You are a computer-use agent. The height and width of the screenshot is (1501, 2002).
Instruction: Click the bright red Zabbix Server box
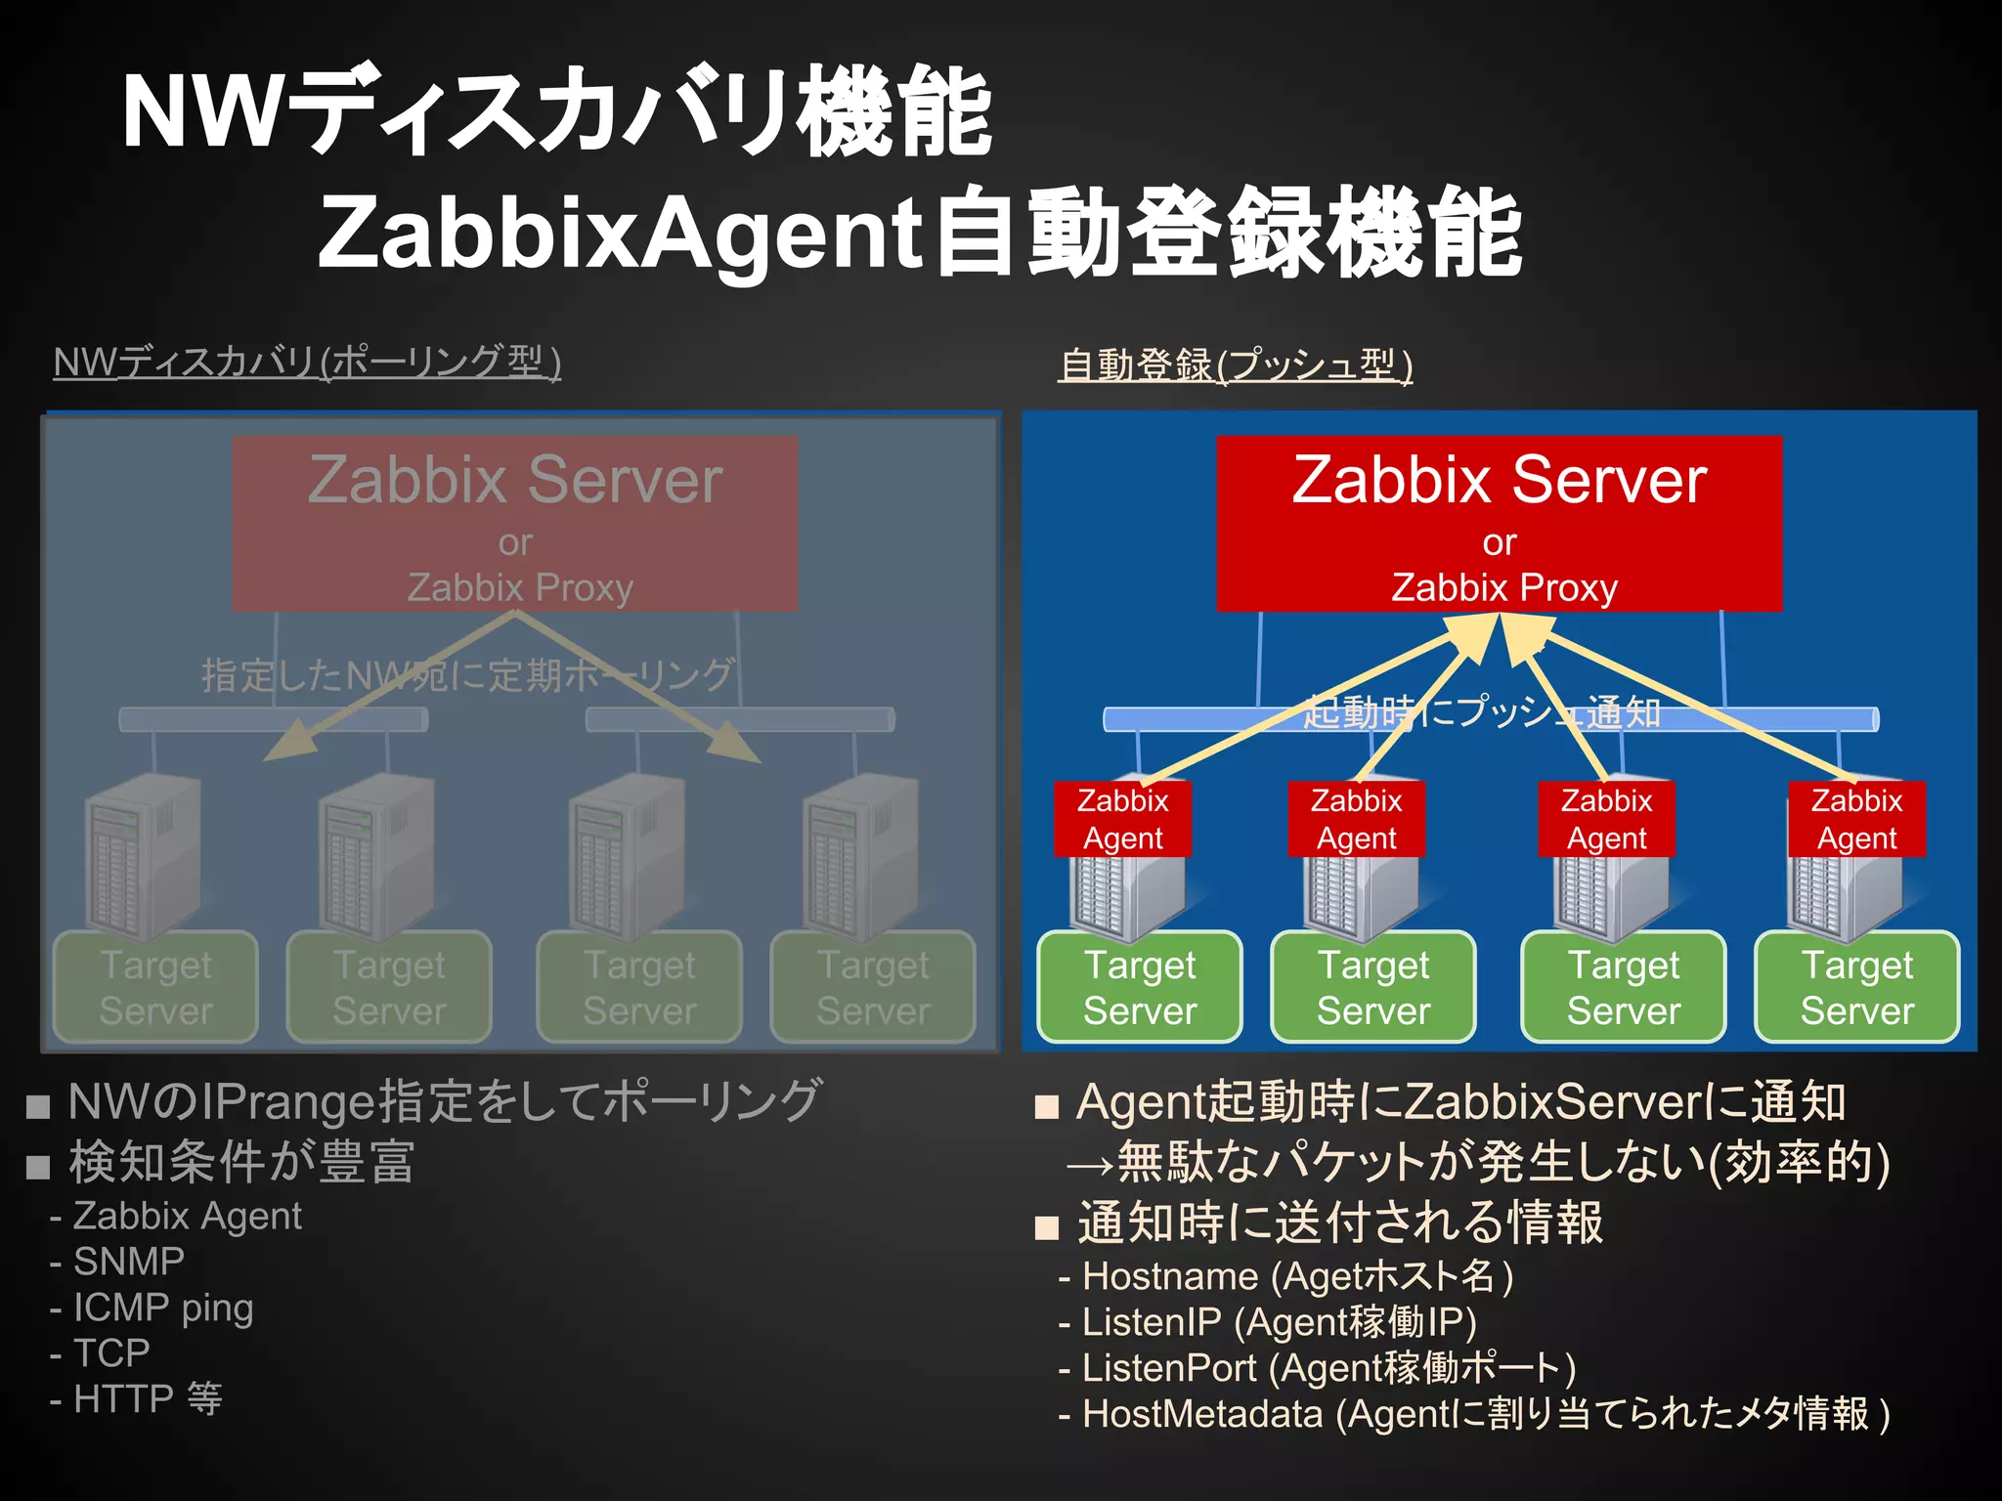coord(1499,523)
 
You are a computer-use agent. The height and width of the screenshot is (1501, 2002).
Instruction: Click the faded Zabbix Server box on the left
coord(515,523)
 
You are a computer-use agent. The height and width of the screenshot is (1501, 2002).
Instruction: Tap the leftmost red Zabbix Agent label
coord(1122,819)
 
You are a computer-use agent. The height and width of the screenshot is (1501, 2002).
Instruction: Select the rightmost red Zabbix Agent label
coord(1856,819)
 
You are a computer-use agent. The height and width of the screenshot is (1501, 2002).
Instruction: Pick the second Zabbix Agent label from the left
coord(1356,819)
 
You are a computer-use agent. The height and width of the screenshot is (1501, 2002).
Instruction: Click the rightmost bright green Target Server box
coord(1856,986)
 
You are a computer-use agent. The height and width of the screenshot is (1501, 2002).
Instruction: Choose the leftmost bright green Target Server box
coord(1140,986)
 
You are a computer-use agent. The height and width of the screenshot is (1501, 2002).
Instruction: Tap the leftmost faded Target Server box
coord(155,986)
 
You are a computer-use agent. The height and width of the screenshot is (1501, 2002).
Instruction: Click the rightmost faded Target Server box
coord(873,986)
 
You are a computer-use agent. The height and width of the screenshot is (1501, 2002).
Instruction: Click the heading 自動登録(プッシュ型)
coord(1236,365)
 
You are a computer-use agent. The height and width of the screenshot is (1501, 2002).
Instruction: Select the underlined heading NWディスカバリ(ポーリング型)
coord(307,363)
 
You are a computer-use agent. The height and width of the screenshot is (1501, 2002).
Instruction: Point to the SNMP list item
coord(128,1262)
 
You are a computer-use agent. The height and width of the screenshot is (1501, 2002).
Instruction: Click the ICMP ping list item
coord(162,1308)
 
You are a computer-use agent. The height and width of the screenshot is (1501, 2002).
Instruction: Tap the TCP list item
coord(111,1353)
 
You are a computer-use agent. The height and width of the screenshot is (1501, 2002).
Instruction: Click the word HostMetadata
coord(1202,1414)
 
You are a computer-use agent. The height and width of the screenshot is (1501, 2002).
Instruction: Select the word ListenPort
coord(1169,1368)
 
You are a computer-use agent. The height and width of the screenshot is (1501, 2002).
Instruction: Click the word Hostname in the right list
coord(1170,1276)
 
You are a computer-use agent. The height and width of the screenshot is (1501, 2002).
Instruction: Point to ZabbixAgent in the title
coord(620,233)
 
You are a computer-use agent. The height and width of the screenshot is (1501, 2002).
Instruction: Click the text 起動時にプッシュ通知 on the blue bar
coord(1482,712)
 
